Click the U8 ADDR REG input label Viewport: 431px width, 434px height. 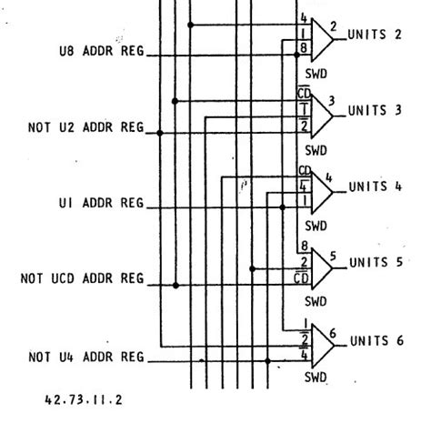click(102, 51)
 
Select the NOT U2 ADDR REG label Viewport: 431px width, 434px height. click(85, 127)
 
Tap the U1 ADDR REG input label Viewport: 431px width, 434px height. click(101, 203)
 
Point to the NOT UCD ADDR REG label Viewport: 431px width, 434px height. click(82, 278)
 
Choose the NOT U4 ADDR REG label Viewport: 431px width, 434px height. click(86, 357)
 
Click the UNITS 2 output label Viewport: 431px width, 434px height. click(375, 35)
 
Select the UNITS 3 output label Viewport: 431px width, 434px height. click(375, 110)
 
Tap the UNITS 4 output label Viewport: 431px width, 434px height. click(376, 187)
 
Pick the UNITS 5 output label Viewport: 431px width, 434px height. click(376, 262)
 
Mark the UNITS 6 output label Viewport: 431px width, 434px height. click(376, 340)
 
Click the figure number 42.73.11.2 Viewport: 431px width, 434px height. click(84, 400)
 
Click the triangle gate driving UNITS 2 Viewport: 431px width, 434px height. click(322, 40)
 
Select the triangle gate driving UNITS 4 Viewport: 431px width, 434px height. click(322, 192)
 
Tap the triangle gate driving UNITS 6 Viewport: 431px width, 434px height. click(323, 346)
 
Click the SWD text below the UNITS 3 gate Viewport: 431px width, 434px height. click(316, 150)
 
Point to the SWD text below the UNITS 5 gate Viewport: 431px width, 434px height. click(316, 301)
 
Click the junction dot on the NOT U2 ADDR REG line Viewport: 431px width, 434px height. click(160, 133)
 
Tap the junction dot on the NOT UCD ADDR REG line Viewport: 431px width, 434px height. click(175, 285)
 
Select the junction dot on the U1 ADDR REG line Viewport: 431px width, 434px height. click(283, 207)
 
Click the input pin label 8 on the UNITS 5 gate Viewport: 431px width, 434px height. click(305, 246)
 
